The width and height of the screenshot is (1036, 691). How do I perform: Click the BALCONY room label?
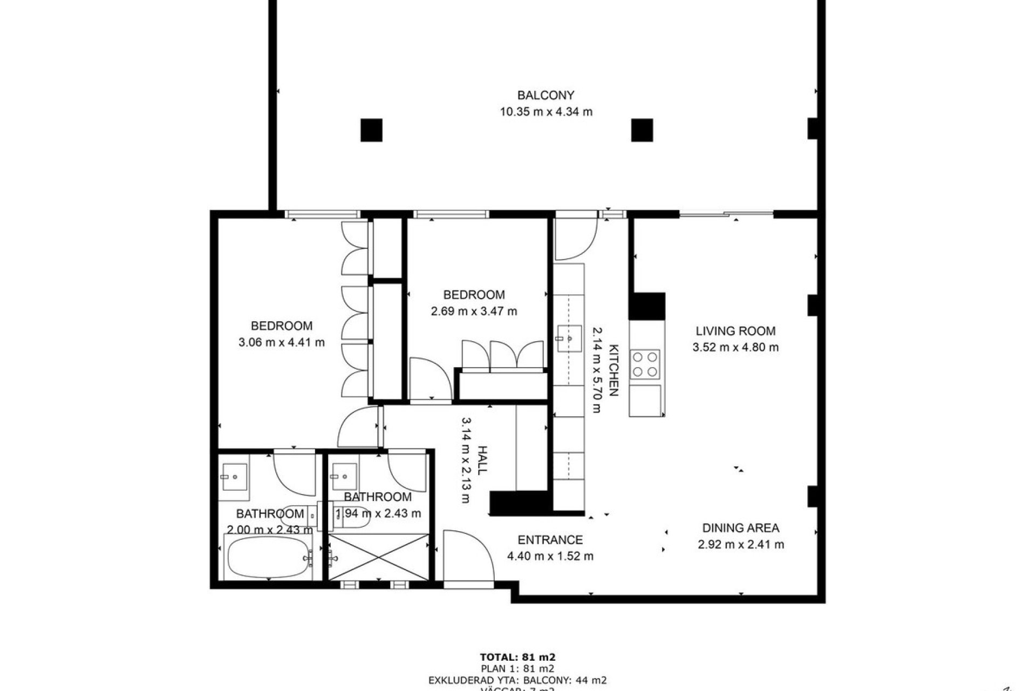click(546, 96)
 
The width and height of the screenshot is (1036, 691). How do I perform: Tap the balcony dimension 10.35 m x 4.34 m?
click(546, 112)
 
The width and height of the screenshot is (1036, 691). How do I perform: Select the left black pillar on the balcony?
click(371, 130)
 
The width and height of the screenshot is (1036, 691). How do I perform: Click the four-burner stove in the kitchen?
click(645, 364)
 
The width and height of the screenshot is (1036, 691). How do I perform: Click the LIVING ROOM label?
click(735, 331)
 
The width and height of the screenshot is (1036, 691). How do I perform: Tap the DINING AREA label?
click(740, 528)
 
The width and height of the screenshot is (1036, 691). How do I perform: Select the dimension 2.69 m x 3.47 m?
click(474, 311)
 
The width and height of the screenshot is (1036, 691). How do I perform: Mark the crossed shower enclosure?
click(378, 557)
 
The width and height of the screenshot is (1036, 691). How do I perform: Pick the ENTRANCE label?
click(550, 540)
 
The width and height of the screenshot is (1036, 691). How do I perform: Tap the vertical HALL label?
click(482, 460)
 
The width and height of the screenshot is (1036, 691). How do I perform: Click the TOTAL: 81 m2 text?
click(517, 658)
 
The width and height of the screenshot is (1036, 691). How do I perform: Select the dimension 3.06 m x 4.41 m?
click(281, 342)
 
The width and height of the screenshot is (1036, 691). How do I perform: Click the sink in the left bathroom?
click(234, 477)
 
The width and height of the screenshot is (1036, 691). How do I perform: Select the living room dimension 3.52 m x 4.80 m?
click(735, 348)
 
